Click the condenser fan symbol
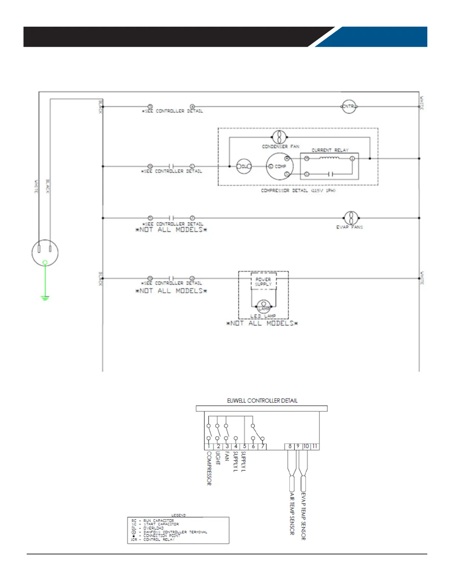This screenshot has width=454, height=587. (x=279, y=137)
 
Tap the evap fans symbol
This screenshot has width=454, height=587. (x=351, y=218)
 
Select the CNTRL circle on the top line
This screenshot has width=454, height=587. (x=349, y=107)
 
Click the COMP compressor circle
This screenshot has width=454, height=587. (x=280, y=166)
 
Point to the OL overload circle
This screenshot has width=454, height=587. (x=244, y=166)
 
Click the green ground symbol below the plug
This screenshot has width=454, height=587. (x=45, y=297)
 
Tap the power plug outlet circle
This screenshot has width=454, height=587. (x=45, y=253)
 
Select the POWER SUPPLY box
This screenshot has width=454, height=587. (x=263, y=282)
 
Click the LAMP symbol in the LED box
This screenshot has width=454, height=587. (x=264, y=307)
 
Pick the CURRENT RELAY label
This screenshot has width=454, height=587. (x=330, y=150)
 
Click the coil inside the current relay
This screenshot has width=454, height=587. (x=329, y=158)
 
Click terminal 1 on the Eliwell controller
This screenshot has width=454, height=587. (x=209, y=447)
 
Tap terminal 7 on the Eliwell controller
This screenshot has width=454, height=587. (x=262, y=447)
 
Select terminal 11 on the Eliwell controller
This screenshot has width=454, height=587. (x=315, y=447)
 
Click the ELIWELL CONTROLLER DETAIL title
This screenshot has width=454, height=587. (x=262, y=401)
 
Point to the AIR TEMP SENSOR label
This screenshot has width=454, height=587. (x=292, y=514)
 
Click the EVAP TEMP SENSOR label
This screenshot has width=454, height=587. (x=303, y=516)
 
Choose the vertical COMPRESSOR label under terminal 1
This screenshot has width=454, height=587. (x=209, y=468)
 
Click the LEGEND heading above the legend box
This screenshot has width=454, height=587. (x=178, y=515)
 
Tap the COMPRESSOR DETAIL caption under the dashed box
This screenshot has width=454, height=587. (x=298, y=190)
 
